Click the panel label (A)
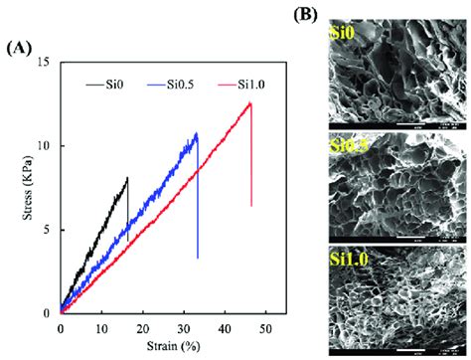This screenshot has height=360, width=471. coord(21,47)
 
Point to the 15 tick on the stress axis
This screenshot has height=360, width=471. coord(45,63)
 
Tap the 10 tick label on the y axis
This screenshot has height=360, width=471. coord(45,146)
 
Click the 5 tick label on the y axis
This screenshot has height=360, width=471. coord(48,230)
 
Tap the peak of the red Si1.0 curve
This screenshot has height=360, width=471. coord(250,102)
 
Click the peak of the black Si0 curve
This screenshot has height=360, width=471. coord(127,178)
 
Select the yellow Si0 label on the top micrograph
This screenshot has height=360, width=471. coord(342,36)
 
